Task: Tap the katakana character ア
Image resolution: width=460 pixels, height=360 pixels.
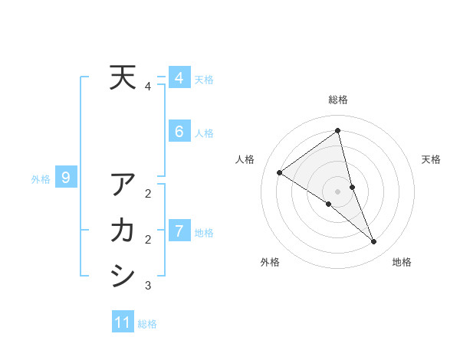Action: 123,185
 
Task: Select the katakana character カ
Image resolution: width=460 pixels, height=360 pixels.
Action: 123,230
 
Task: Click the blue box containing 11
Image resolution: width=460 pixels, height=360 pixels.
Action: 123,322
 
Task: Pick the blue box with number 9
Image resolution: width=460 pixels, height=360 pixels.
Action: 66,178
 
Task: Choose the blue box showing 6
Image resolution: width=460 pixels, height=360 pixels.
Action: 179,132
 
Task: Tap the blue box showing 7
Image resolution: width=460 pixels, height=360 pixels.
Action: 179,231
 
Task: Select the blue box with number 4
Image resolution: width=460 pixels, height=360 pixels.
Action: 179,78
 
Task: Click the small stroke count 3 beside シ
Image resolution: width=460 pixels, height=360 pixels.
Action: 148,286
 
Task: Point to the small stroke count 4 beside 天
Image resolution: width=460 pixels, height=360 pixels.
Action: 147,87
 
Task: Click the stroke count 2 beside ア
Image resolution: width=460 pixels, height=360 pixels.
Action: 148,194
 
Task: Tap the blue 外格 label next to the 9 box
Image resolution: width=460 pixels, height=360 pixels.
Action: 41,179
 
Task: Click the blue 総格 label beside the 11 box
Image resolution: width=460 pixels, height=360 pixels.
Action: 147,324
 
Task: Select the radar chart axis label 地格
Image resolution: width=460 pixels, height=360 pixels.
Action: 402,262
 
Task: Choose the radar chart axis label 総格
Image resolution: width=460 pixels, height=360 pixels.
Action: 337,100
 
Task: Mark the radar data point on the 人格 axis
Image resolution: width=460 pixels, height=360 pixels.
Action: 280,172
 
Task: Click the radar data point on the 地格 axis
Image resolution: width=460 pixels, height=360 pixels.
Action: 374,242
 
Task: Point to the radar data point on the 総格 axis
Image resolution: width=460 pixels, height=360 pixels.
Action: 337,131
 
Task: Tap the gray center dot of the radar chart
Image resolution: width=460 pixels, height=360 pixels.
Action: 337,191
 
